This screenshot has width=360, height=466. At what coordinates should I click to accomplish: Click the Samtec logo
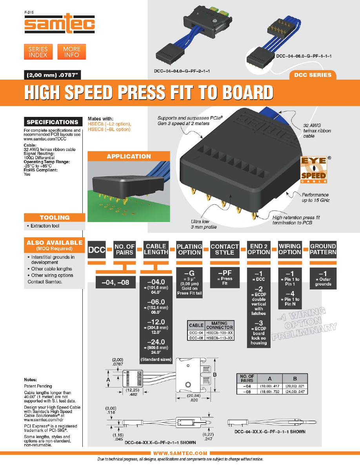pos(59,24)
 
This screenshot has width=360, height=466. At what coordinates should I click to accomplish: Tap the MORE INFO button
pos(72,52)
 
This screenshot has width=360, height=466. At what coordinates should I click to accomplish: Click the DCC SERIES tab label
pos(313,75)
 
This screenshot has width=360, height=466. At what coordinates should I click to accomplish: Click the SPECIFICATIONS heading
pos(53,122)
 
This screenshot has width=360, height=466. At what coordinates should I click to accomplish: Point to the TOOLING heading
pos(55,218)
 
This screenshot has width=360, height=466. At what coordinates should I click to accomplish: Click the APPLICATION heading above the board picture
pos(129,157)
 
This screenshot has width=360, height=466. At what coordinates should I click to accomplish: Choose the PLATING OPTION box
pos(189,249)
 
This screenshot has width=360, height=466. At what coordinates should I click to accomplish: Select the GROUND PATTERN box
pos(323,249)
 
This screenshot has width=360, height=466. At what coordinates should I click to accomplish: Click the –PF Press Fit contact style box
pos(225,278)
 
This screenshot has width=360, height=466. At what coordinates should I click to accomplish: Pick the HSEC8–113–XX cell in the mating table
pos(220,338)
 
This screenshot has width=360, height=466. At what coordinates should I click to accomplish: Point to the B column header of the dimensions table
pos(295,379)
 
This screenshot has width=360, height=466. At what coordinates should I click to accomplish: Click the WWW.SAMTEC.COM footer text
pos(180,453)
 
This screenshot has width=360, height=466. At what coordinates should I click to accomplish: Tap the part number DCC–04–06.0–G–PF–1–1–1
pos(304,56)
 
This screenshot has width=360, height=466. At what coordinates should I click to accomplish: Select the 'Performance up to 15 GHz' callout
pos(315,197)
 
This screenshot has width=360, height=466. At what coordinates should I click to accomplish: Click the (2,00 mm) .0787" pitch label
pos(52,75)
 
